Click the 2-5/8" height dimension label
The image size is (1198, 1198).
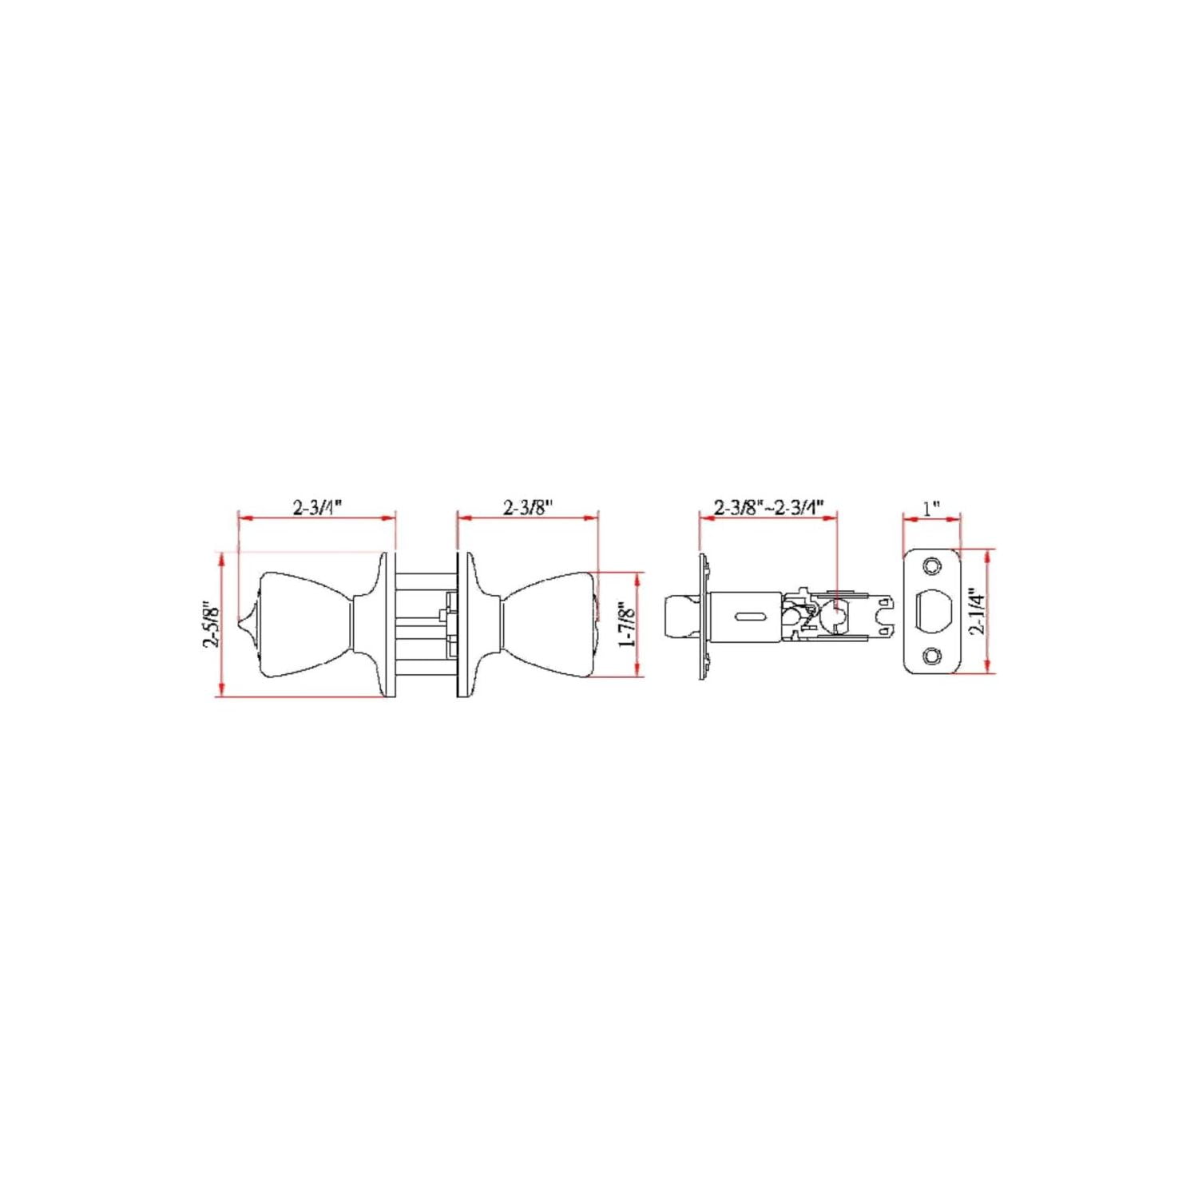[211, 624]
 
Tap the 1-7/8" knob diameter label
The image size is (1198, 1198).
[627, 624]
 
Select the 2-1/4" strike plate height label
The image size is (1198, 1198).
[977, 611]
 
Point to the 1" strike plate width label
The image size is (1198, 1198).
[931, 508]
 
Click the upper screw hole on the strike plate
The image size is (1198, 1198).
[932, 566]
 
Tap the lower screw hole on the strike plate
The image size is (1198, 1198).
[932, 656]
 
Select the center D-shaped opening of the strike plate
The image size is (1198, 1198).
[932, 611]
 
